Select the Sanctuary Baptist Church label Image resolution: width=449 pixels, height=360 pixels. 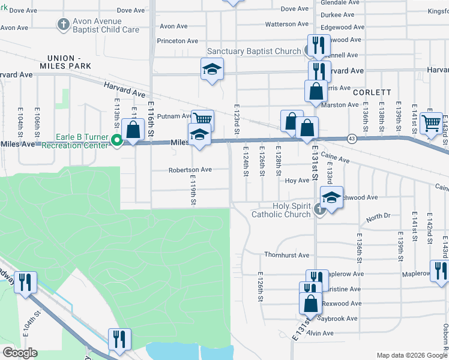[254, 52]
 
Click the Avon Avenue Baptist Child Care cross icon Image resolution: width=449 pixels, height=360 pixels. [64, 25]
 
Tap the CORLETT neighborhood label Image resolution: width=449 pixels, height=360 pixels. [372, 93]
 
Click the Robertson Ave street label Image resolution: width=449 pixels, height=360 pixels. [190, 170]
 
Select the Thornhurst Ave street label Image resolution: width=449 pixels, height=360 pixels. [286, 255]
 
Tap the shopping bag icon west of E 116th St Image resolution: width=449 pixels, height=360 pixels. [133, 128]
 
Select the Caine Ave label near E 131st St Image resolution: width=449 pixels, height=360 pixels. [335, 158]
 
